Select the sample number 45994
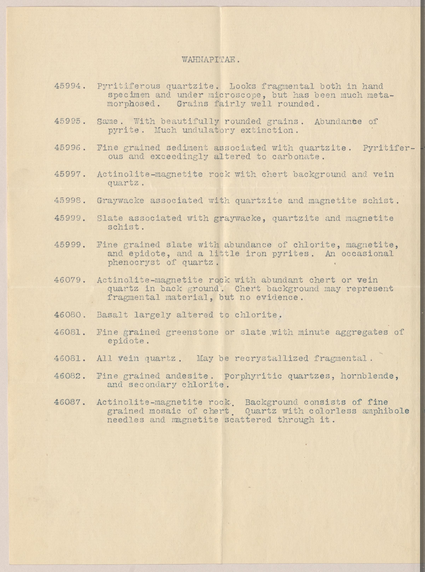(x=70, y=86)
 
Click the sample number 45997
(x=70, y=174)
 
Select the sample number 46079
(x=70, y=280)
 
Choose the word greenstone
(x=192, y=332)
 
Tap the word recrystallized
(x=271, y=358)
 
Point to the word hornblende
(x=369, y=376)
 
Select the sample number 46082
(x=70, y=376)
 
